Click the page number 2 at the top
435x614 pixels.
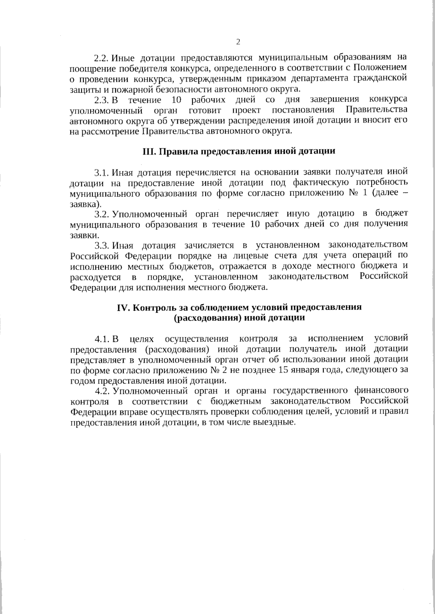238,42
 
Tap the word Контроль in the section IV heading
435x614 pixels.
152,308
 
